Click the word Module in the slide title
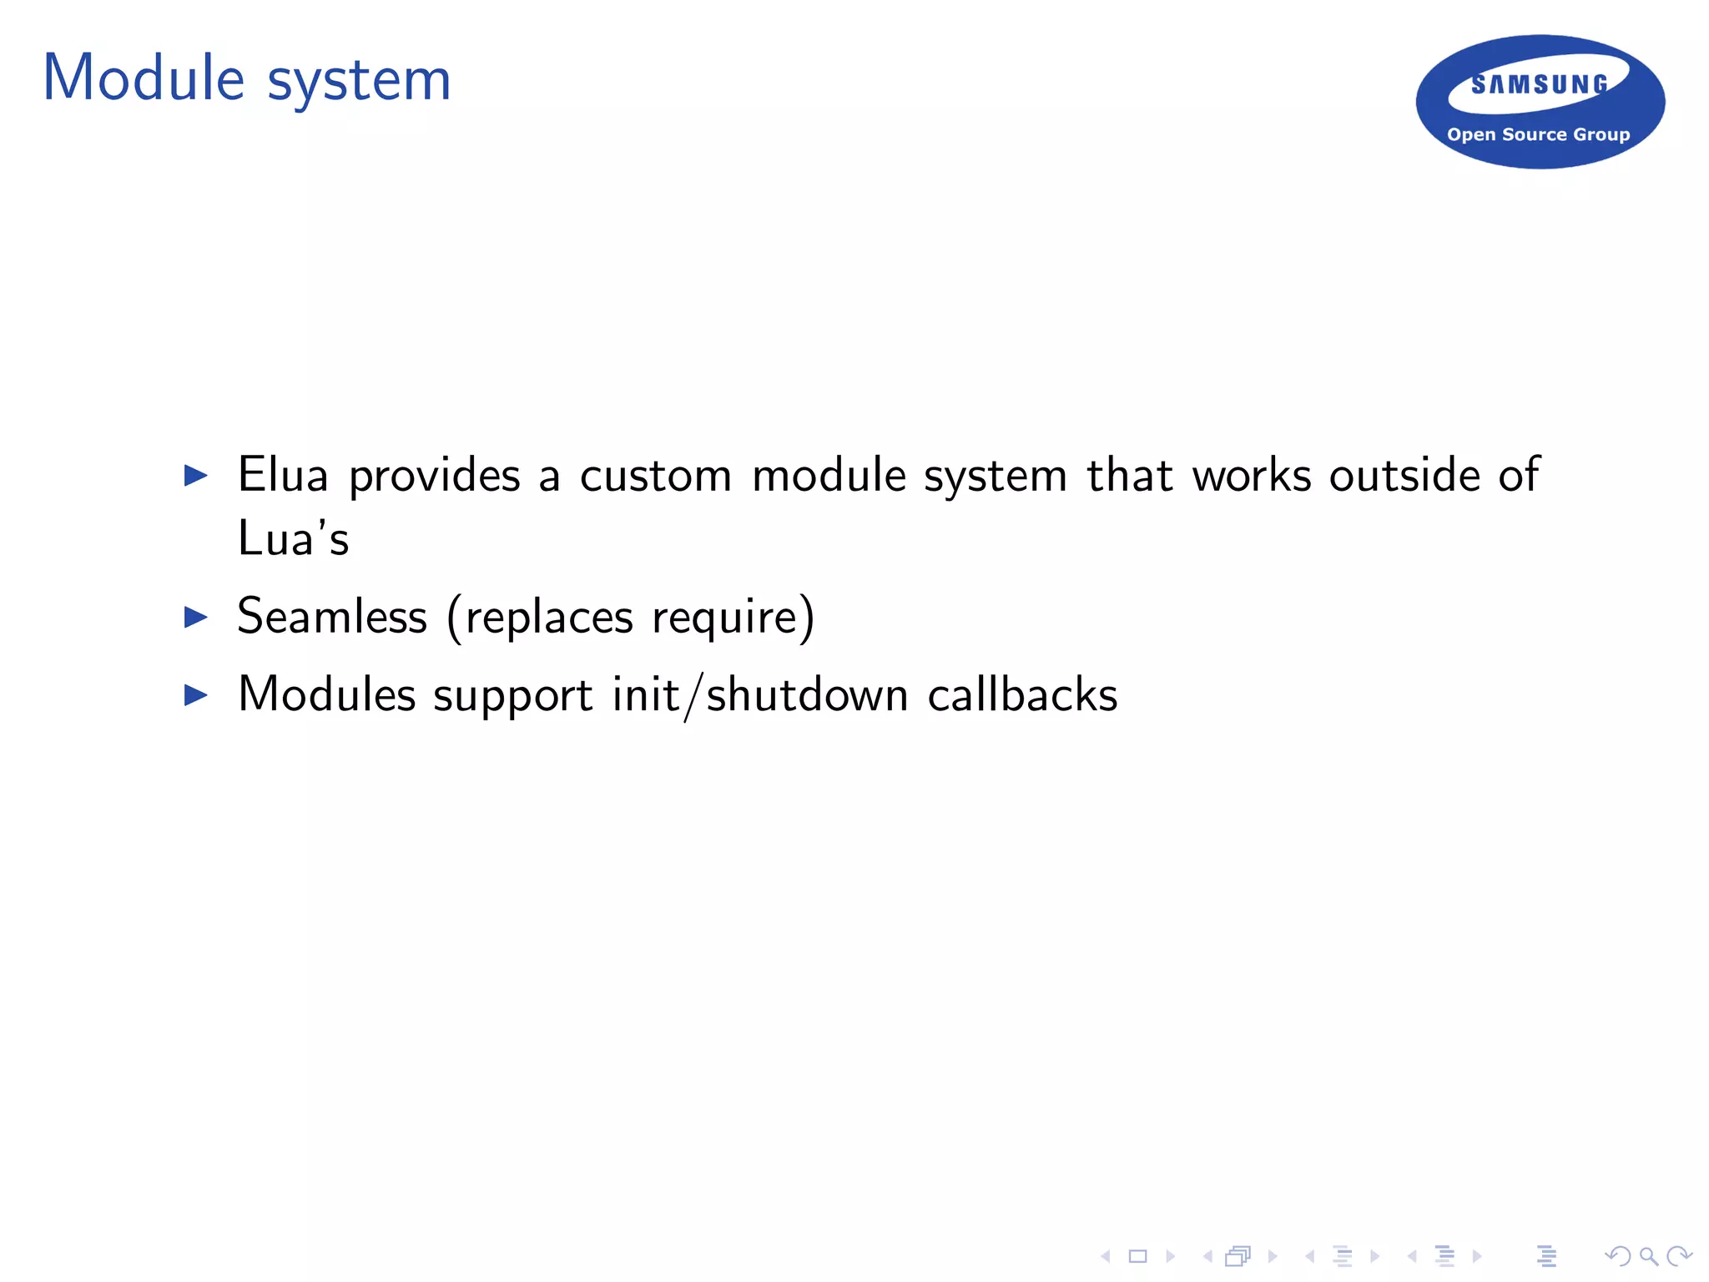coord(144,78)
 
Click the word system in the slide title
coord(359,82)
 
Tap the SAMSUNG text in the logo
coord(1540,84)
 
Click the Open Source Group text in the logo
coord(1538,134)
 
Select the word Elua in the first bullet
coord(283,475)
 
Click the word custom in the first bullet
coord(656,477)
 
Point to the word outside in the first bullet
coord(1404,475)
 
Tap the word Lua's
coord(293,538)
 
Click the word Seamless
coord(332,617)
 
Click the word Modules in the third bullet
coord(326,694)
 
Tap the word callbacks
coord(1022,694)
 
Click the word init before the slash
coord(645,694)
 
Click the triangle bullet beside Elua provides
coord(195,476)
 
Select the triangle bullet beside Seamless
coord(195,618)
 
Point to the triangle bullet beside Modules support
coord(195,694)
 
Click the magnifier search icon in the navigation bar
coord(1648,1255)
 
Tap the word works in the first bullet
coord(1252,475)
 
